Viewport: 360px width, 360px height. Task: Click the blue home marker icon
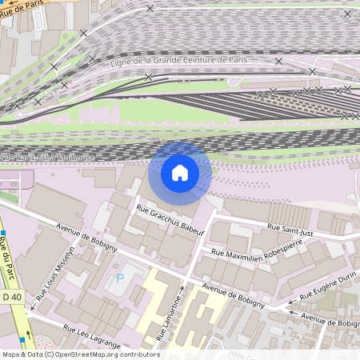[x=180, y=173]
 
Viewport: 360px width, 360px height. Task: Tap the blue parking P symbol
[x=120, y=278]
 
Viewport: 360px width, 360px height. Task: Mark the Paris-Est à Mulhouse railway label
[x=48, y=158]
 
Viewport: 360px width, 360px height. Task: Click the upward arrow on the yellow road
[x=182, y=290]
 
